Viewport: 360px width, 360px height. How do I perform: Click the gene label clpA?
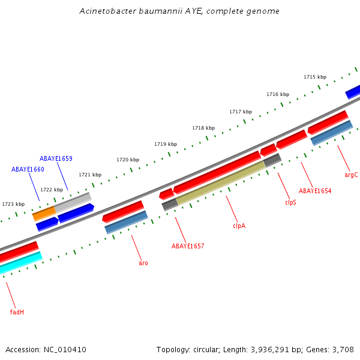(239, 226)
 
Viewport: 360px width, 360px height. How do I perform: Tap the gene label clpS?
(290, 202)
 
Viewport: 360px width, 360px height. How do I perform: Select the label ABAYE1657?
(188, 246)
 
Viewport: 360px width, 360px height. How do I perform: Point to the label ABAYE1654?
(315, 191)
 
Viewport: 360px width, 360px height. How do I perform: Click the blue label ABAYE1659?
(56, 158)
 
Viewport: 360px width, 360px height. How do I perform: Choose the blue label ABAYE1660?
(28, 169)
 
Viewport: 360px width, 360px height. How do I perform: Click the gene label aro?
(143, 263)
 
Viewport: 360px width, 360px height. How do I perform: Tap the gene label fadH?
(17, 312)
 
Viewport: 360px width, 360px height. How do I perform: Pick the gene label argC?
(351, 175)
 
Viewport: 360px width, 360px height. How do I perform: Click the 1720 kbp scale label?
(128, 160)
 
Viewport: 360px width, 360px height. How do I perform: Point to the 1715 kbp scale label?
(315, 77)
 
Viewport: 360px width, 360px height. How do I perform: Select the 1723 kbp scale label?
(13, 204)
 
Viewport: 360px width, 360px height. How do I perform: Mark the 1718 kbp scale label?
(203, 128)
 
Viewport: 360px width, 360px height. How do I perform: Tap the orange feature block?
(44, 212)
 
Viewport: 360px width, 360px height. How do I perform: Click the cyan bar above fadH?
(21, 263)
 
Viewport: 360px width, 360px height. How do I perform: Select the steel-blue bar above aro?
(126, 222)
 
